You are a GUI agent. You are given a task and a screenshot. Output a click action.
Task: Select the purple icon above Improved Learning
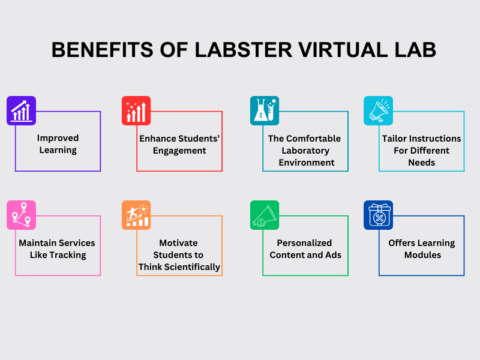point(20,110)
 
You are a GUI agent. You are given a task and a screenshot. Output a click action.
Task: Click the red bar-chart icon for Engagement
point(136,110)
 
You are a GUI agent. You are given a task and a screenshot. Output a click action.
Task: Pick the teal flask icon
point(262,110)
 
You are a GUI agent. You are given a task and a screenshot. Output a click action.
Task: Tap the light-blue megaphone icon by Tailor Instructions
point(377,110)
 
